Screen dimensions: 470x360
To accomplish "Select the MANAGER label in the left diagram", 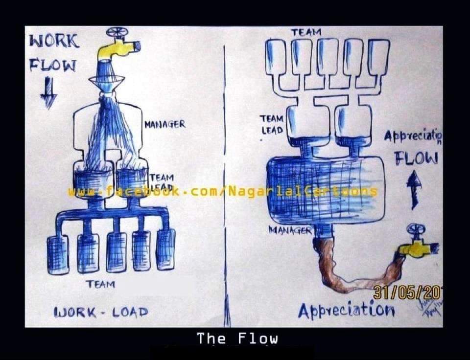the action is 164,125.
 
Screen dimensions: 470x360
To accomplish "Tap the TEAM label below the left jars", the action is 100,283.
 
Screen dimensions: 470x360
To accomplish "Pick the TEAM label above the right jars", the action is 306,33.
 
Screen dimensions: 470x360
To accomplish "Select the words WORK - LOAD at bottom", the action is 100,311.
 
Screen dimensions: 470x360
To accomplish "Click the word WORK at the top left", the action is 54,42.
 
